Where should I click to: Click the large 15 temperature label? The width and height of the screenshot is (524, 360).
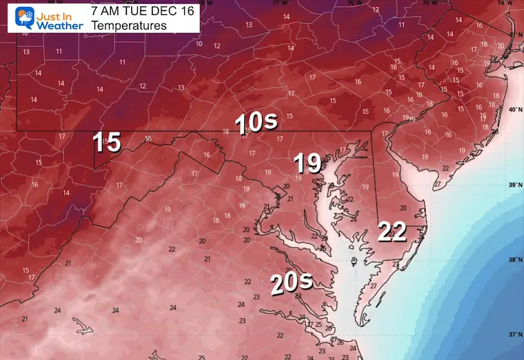[x=108, y=143]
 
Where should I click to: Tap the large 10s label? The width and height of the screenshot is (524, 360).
[x=256, y=123]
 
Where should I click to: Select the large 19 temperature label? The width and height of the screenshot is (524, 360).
[x=308, y=163]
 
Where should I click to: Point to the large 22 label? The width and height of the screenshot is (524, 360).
[x=392, y=232]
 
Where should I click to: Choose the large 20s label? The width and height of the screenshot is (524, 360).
[x=291, y=282]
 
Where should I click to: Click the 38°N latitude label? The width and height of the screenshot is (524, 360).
[x=514, y=260]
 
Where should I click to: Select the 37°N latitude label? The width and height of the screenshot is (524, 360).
[x=514, y=334]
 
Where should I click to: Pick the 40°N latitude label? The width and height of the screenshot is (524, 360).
[x=514, y=110]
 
